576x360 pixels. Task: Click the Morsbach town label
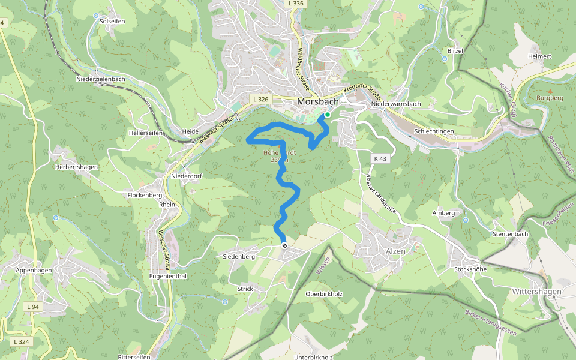[318, 102]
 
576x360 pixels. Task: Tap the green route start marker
[328, 115]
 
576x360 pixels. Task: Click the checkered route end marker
[284, 245]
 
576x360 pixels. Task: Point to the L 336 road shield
[296, 4]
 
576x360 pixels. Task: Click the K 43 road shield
[379, 158]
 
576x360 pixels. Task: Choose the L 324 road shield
[20, 341]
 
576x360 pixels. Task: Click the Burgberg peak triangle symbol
[550, 91]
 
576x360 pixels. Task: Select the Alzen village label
[396, 251]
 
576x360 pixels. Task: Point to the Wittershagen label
[536, 292]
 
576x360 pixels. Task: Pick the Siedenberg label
[239, 257]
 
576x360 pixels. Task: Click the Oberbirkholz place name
[323, 294]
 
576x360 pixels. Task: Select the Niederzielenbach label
[101, 79]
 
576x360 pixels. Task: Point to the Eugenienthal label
[168, 276]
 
